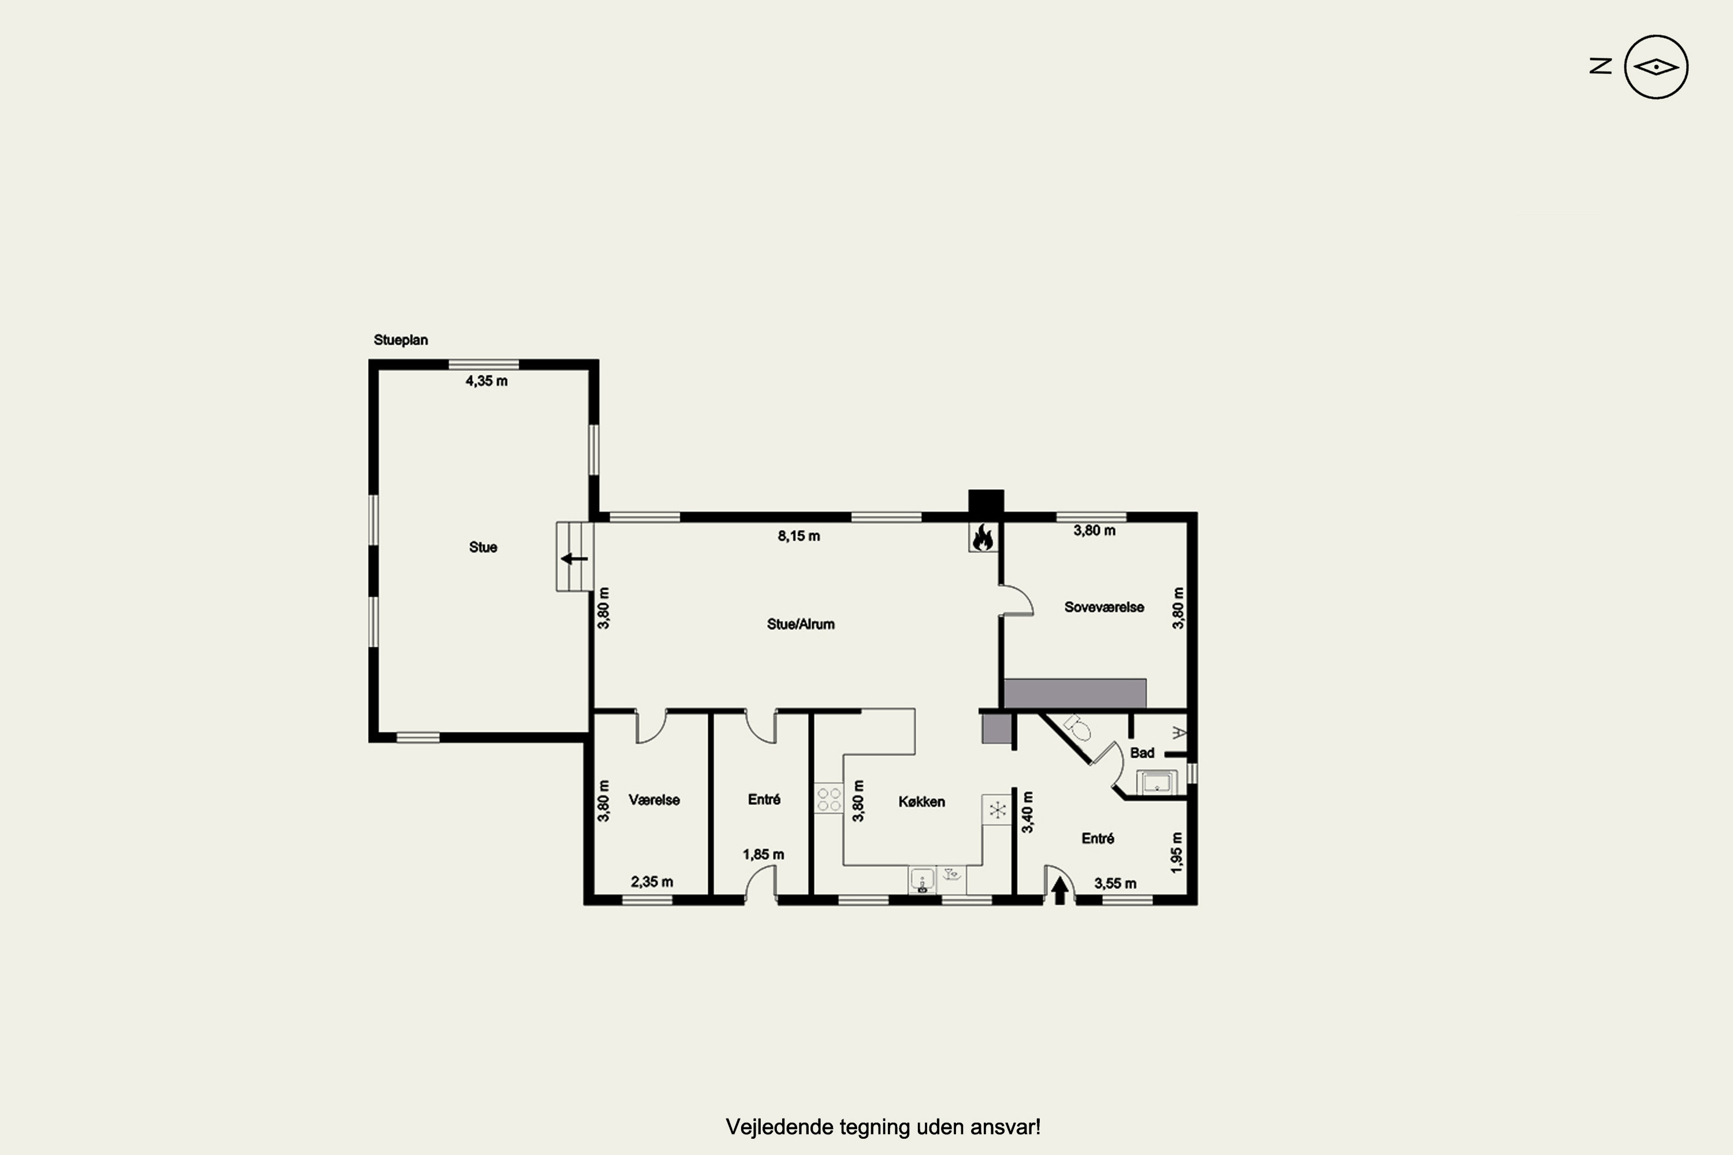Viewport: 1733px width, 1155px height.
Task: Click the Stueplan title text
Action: coord(400,340)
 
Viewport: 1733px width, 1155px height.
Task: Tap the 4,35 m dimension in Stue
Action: coord(486,381)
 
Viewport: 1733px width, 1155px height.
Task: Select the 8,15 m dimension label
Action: coord(799,535)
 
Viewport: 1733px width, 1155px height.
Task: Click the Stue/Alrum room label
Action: coord(801,624)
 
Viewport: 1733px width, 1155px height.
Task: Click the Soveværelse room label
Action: coord(1104,607)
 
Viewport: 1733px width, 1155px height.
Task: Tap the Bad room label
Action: coord(1142,752)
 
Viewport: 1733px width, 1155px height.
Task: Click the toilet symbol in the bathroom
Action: coord(1078,727)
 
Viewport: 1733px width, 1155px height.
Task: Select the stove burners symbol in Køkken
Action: coord(829,799)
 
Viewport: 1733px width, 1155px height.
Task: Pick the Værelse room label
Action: coord(654,799)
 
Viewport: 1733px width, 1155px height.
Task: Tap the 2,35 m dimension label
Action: coord(652,882)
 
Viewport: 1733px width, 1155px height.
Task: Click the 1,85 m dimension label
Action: coord(763,855)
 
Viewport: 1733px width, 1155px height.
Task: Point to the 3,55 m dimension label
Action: coord(1115,883)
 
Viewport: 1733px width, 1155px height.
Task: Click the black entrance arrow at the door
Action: coord(1059,891)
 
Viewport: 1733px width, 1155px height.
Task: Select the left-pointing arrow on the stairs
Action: coord(574,559)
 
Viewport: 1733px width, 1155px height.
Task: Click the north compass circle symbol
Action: coord(1656,67)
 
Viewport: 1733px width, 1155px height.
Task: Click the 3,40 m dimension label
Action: coord(1027,813)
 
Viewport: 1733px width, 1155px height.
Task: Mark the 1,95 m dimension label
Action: coord(1177,853)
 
